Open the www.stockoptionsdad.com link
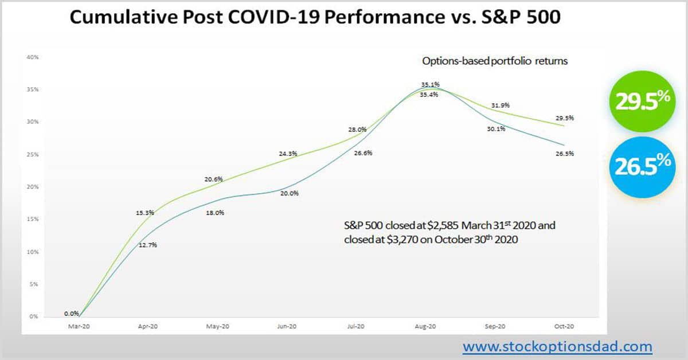557,346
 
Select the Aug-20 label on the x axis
425,326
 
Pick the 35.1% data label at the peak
430,84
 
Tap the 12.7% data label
147,245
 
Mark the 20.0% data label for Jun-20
289,193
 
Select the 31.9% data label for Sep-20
501,105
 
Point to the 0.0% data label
72,314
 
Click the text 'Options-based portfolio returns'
494,61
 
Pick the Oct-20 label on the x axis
564,326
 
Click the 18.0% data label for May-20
216,213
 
